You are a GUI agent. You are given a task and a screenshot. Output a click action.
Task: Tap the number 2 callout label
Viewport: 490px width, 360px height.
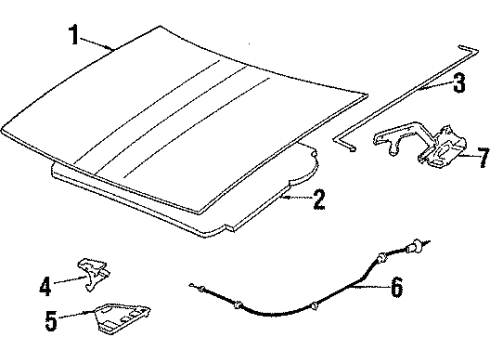(x=318, y=200)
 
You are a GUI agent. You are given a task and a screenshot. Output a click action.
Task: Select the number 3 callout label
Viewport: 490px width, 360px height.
(x=459, y=84)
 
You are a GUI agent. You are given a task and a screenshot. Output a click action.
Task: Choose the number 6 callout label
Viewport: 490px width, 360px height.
(x=396, y=290)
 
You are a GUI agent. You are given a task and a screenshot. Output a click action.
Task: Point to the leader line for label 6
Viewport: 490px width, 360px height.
(x=368, y=290)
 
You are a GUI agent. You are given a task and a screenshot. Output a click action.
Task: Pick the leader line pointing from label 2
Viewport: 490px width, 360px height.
(x=295, y=200)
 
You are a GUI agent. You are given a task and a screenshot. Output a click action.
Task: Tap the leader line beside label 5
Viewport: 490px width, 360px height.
(x=75, y=320)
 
